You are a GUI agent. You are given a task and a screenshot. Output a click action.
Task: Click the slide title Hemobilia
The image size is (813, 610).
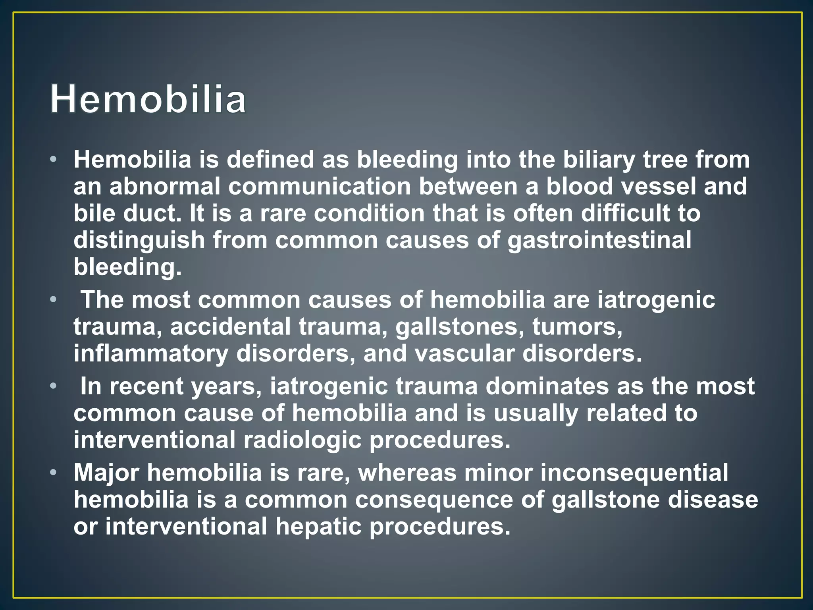pos(148,99)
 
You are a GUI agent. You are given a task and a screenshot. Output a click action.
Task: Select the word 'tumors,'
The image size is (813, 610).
pos(577,327)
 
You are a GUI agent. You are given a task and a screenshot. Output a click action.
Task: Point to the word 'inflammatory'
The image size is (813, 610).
pos(150,354)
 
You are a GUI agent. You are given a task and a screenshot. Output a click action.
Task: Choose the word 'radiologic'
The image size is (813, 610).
pos(302,440)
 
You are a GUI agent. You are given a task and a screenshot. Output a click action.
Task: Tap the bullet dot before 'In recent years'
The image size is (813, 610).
pos(54,386)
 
